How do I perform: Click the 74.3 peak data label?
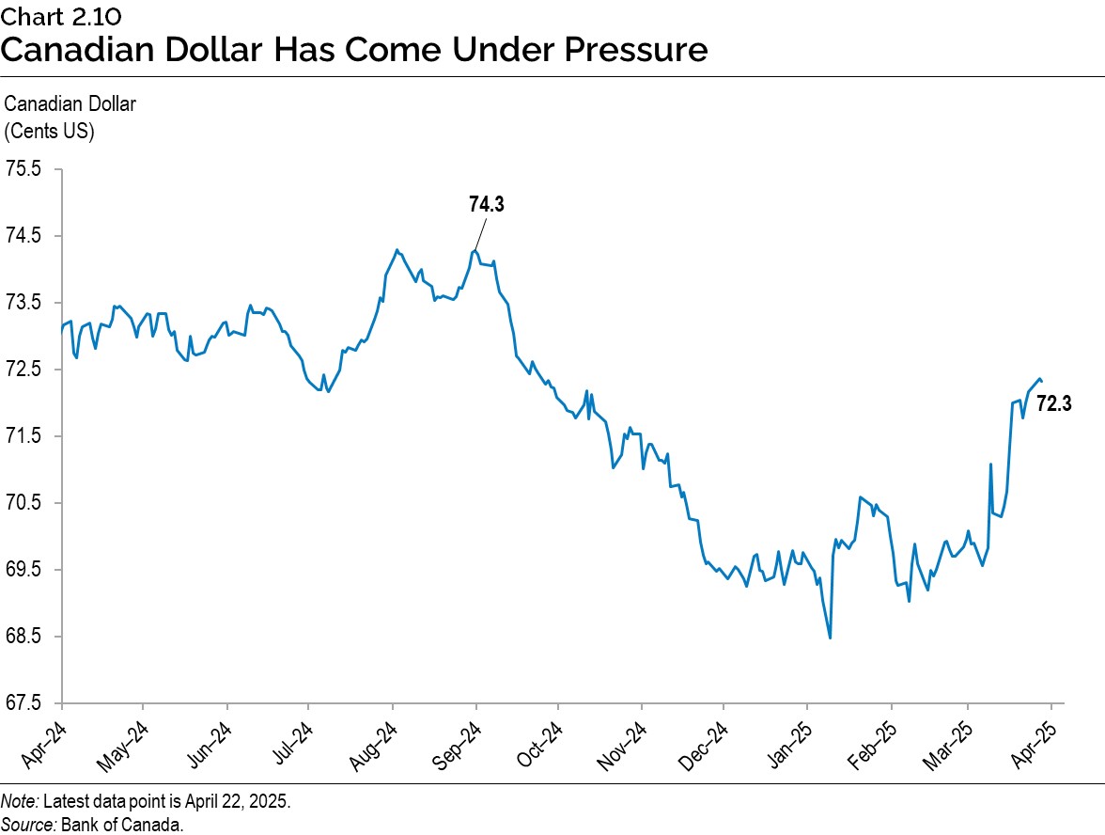[487, 204]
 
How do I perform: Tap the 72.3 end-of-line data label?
[1053, 404]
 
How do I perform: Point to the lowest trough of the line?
[831, 638]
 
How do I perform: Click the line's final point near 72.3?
[1041, 381]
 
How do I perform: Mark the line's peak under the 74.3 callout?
[475, 250]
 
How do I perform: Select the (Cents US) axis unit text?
[50, 132]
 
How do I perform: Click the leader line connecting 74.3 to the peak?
[480, 234]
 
